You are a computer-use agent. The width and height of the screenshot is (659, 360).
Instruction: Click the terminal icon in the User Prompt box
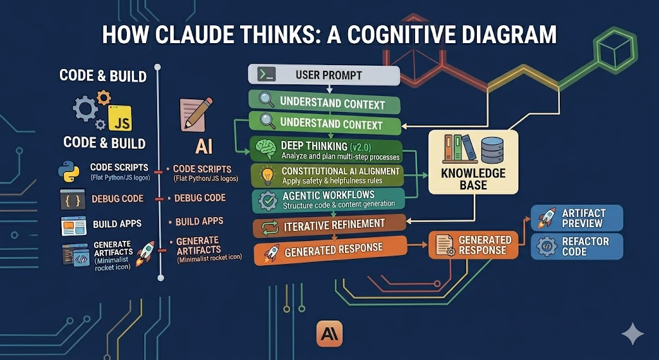263,75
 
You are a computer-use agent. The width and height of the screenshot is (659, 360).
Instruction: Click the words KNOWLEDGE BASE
473,179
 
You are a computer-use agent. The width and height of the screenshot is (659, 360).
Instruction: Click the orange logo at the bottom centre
329,334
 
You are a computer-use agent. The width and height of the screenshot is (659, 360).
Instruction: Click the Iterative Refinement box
328,225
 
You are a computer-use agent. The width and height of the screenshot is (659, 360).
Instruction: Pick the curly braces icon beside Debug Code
72,200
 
